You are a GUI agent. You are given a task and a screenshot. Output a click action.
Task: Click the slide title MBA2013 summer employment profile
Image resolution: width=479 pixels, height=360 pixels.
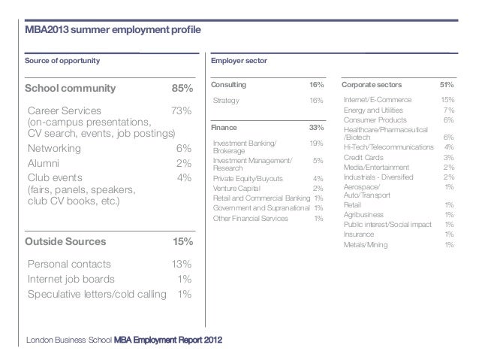(x=113, y=30)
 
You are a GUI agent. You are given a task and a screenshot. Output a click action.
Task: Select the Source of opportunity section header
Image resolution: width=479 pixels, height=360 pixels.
(x=62, y=61)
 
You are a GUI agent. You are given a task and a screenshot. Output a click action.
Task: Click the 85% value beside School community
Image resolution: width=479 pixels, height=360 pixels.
(x=182, y=89)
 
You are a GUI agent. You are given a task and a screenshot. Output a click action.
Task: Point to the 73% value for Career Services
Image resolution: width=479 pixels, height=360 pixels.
(x=181, y=111)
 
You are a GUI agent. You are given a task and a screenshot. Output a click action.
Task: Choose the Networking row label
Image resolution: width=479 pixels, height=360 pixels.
(x=54, y=149)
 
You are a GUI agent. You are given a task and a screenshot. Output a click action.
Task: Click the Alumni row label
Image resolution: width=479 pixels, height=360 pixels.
(x=44, y=163)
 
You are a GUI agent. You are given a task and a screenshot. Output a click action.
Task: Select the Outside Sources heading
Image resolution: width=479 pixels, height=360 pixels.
(x=66, y=242)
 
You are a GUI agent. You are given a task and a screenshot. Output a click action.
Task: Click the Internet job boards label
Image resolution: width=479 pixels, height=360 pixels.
(x=71, y=279)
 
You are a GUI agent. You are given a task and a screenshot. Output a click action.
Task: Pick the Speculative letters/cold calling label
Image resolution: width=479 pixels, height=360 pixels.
(x=96, y=293)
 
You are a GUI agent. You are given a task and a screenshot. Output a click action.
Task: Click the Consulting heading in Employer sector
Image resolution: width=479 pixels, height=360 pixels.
(x=230, y=86)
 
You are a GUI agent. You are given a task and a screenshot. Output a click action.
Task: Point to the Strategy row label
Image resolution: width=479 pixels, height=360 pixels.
(x=226, y=100)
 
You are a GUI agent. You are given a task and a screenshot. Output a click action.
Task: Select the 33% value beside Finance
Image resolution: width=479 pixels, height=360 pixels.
(x=316, y=128)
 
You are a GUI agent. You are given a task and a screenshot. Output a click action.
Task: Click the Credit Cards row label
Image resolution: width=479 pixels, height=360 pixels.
(x=364, y=157)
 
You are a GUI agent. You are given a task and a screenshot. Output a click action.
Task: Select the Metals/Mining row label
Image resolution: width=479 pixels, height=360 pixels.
(x=366, y=244)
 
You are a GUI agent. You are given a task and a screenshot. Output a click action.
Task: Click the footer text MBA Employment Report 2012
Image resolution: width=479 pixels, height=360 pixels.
(x=168, y=340)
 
